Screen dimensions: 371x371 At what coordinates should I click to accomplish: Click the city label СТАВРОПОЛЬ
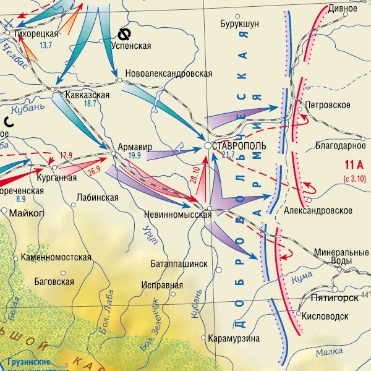[239, 146]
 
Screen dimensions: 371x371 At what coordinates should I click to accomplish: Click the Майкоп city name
[27, 213]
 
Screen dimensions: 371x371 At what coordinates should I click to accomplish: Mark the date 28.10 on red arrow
[197, 175]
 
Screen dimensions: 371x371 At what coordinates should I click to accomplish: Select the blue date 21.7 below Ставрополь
[228, 155]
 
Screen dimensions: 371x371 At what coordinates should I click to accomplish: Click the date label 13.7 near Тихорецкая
[46, 46]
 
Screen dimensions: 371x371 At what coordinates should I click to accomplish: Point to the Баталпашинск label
[179, 263]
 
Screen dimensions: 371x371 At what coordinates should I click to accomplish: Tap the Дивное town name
[343, 9]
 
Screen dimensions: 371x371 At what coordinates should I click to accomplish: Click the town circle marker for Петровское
[300, 109]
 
